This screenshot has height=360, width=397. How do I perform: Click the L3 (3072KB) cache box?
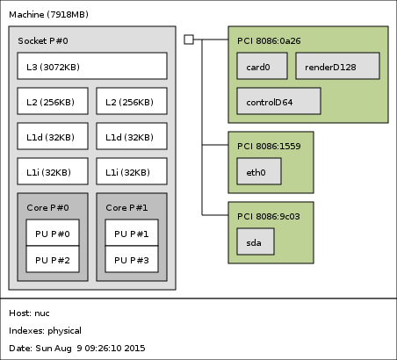[x=92, y=66]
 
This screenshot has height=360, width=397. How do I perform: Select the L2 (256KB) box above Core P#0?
[x=53, y=101]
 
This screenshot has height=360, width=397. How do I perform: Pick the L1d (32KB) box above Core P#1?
[x=132, y=136]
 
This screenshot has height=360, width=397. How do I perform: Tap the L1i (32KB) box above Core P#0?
[x=53, y=171]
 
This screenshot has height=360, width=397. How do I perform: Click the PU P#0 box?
[x=53, y=233]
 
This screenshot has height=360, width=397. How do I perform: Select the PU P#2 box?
[x=53, y=259]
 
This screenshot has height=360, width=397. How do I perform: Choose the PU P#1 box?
[x=132, y=233]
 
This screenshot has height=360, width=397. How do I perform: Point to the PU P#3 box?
[x=132, y=259]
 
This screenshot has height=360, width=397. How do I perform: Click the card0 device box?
[x=262, y=66]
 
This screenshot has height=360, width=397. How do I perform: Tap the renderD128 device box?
[x=338, y=66]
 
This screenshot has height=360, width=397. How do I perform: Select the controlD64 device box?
[x=278, y=101]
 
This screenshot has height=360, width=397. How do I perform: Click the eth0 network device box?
[x=259, y=171]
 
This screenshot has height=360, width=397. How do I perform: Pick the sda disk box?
[x=256, y=241]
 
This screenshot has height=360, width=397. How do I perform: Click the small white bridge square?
[x=189, y=40]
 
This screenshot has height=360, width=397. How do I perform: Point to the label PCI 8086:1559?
[x=269, y=146]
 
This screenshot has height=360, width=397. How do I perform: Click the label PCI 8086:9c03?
[x=269, y=216]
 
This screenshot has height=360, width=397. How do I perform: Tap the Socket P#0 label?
[x=43, y=40]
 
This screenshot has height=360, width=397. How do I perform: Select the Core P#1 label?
[x=126, y=207]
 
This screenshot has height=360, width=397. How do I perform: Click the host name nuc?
[x=42, y=313]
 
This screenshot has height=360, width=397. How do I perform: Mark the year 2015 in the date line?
[x=134, y=348]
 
